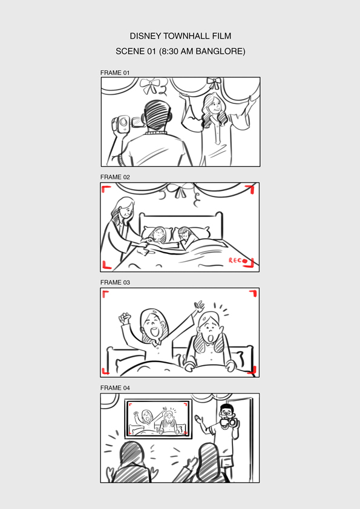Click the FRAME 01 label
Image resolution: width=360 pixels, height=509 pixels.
pyautogui.click(x=115, y=73)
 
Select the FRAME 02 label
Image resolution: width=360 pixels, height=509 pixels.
pyautogui.click(x=115, y=177)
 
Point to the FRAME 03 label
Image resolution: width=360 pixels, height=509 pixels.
pyautogui.click(x=115, y=282)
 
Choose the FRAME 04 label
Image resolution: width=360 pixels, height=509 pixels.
pyautogui.click(x=115, y=388)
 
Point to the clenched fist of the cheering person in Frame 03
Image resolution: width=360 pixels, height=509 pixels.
pyautogui.click(x=125, y=318)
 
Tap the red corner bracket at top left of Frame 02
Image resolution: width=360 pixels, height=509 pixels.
pyautogui.click(x=105, y=189)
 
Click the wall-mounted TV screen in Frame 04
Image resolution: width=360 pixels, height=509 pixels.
pyautogui.click(x=159, y=419)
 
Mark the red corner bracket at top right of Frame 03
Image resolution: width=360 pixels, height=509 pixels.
pyautogui.click(x=253, y=293)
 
